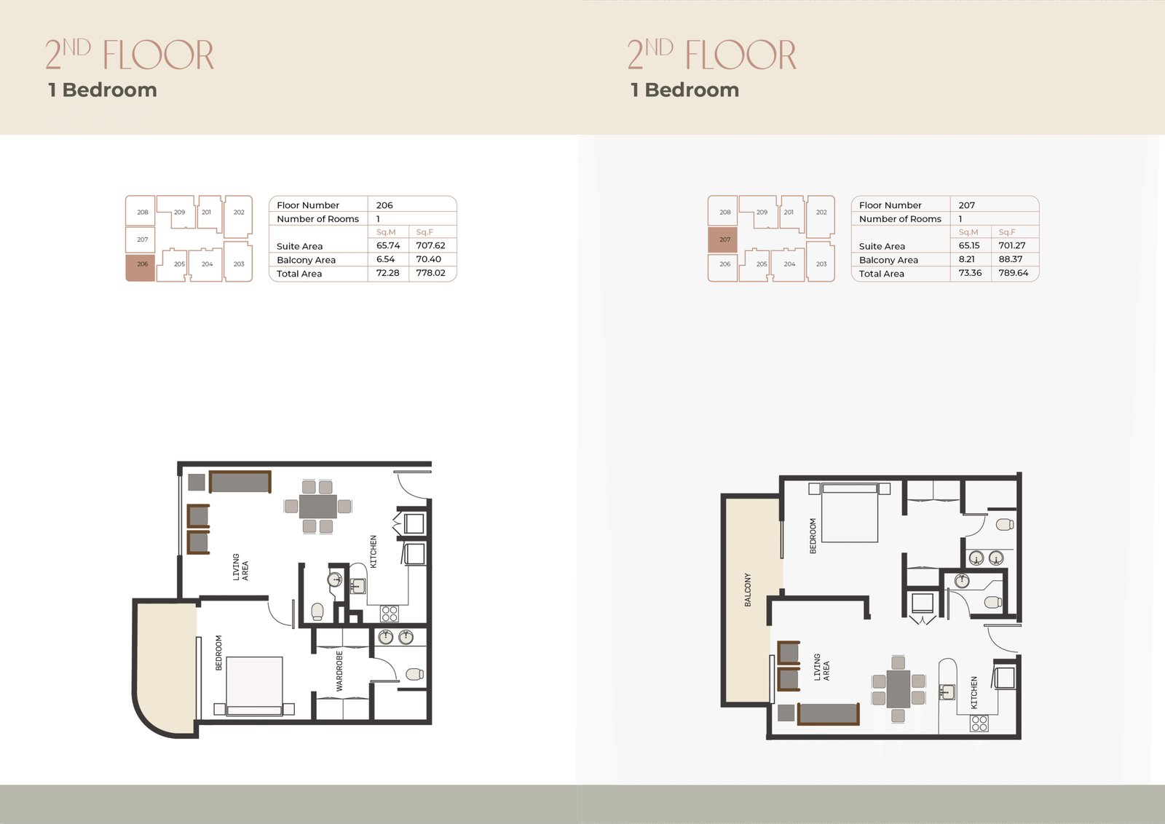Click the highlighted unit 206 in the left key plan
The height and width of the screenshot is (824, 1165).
[x=141, y=268]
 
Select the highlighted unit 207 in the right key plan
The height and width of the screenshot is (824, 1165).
[x=722, y=239]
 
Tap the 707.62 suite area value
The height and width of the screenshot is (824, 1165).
[x=430, y=245]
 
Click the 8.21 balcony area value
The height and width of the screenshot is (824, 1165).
[x=967, y=259]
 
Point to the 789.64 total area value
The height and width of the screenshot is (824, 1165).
[x=1013, y=273]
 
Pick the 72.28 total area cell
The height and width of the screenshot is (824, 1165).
[x=387, y=273]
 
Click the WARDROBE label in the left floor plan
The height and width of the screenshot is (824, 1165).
[x=339, y=671]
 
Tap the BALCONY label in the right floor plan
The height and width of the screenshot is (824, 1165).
[x=748, y=590]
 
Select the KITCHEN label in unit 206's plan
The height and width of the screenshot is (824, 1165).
[x=373, y=552]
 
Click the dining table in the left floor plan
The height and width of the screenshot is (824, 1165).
[x=317, y=507]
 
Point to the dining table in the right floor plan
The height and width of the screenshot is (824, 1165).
[x=899, y=689]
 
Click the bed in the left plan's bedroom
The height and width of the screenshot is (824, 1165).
[x=254, y=686]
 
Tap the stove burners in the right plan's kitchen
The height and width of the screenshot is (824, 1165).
[x=979, y=723]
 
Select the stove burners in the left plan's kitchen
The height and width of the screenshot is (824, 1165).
[x=389, y=614]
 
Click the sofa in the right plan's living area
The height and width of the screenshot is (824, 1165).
[x=828, y=714]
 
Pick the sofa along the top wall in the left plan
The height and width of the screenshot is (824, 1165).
[x=240, y=481]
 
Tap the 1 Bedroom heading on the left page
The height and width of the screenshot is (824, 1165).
[x=103, y=90]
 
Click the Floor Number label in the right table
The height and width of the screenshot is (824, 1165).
[x=890, y=205]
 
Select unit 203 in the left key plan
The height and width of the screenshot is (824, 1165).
[x=238, y=261]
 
